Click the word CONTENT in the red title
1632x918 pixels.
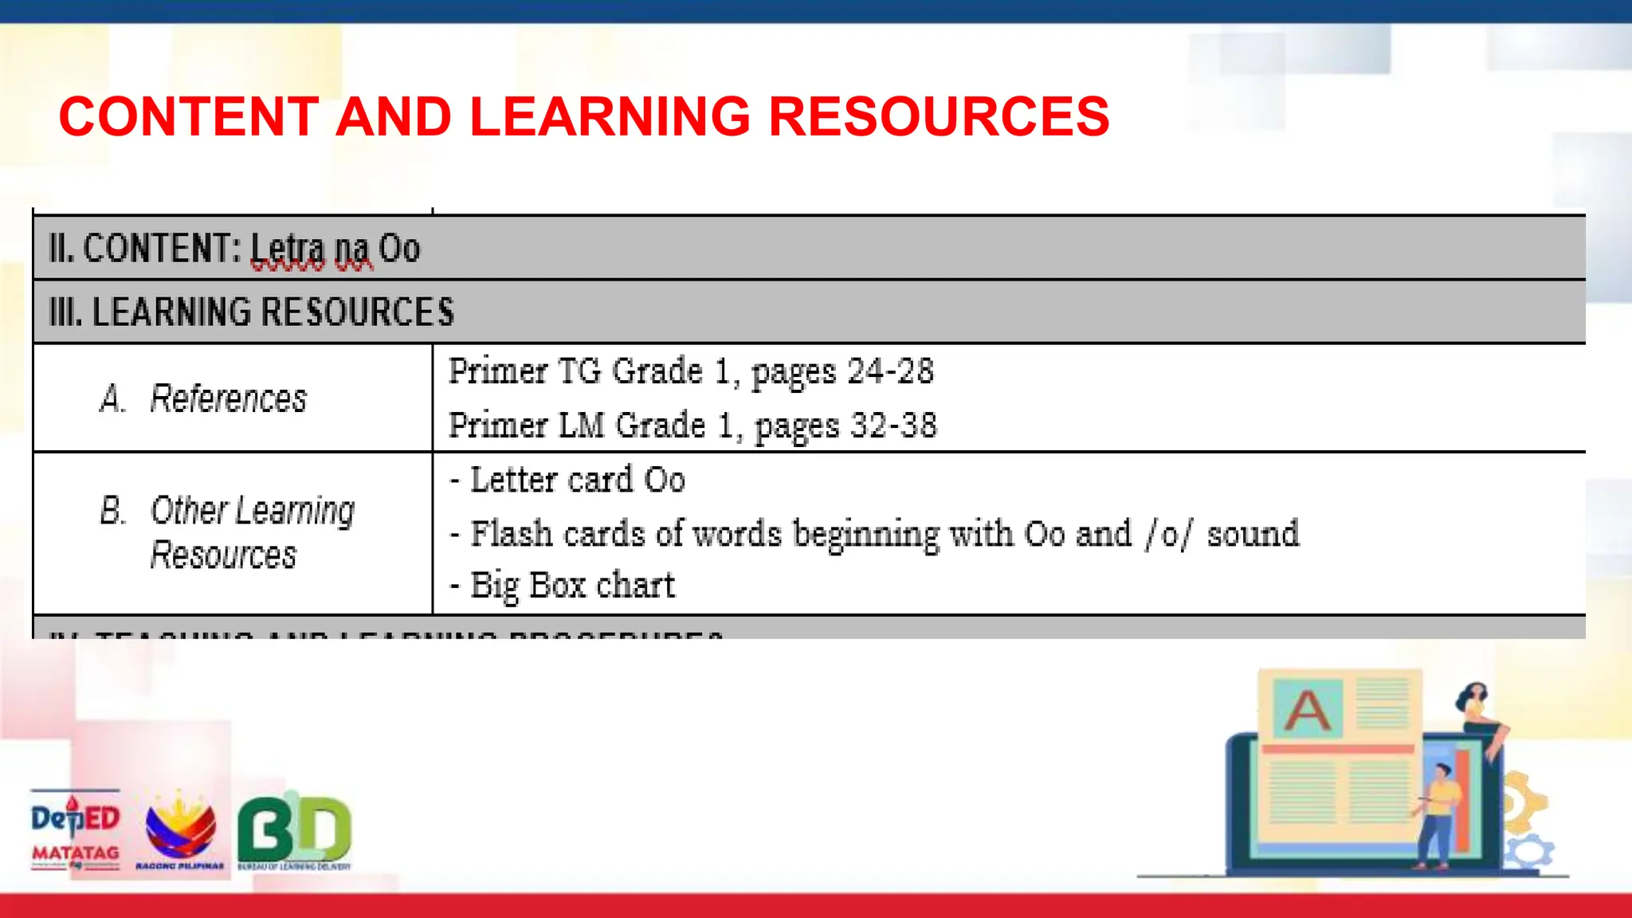tap(189, 116)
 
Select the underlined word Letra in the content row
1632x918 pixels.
tap(288, 249)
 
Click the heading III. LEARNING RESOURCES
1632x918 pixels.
tap(251, 312)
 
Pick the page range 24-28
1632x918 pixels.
tap(890, 371)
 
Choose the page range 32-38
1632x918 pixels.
tap(893, 426)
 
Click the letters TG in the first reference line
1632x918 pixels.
tap(579, 371)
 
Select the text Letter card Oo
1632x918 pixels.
tap(578, 480)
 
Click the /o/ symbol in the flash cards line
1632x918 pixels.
tap(1169, 534)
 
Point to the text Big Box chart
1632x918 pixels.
tap(572, 586)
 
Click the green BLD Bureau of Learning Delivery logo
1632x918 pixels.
tap(294, 831)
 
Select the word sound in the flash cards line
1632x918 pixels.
tap(1253, 534)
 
